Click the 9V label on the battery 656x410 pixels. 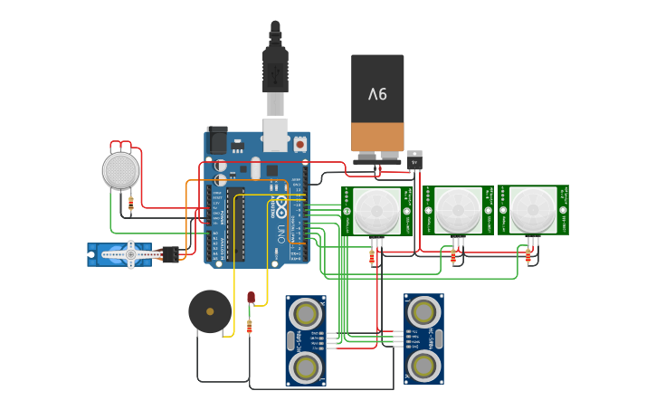377,93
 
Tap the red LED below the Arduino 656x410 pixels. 251,297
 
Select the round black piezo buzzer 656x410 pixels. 210,311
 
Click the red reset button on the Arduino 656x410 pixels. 299,143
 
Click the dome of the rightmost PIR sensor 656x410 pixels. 533,210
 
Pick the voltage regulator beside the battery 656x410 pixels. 414,162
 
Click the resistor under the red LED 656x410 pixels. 250,327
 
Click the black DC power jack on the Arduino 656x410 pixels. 217,140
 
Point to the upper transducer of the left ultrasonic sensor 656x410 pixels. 306,314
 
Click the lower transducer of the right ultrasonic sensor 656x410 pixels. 423,366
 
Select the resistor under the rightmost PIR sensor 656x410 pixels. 528,257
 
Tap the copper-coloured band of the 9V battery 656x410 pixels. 377,137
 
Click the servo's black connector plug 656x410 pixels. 170,254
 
